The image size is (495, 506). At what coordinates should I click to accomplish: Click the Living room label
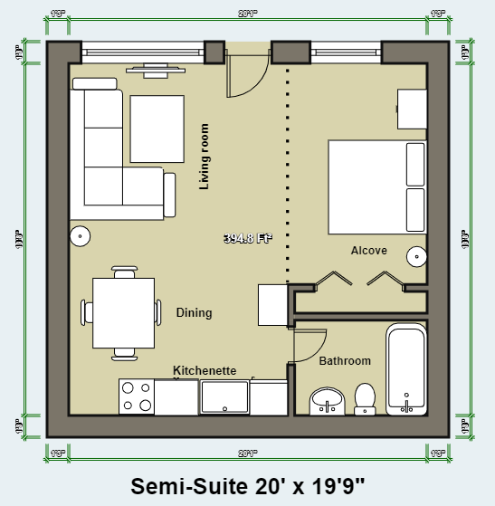pyautogui.click(x=205, y=157)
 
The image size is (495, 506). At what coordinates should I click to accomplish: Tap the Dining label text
pyautogui.click(x=194, y=313)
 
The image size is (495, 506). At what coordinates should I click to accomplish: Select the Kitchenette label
pyautogui.click(x=205, y=371)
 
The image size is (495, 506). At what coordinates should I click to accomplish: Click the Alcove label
pyautogui.click(x=369, y=251)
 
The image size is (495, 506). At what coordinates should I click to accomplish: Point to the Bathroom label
pyautogui.click(x=345, y=361)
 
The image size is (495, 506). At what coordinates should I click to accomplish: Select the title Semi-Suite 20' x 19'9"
pyautogui.click(x=246, y=486)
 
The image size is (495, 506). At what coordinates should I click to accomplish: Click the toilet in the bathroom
pyautogui.click(x=366, y=397)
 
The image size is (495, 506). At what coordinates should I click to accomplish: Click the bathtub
pyautogui.click(x=406, y=371)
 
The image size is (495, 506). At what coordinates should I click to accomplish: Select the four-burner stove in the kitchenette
pyautogui.click(x=137, y=396)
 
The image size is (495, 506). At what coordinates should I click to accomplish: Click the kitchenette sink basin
pyautogui.click(x=224, y=396)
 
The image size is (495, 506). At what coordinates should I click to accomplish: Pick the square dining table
pyautogui.click(x=123, y=312)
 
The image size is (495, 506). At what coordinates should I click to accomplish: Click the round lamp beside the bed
pyautogui.click(x=416, y=255)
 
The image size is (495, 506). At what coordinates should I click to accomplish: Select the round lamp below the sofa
pyautogui.click(x=80, y=235)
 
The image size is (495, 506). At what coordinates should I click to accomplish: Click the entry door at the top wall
pyautogui.click(x=245, y=72)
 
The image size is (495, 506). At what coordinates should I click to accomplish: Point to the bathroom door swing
pyautogui.click(x=311, y=342)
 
